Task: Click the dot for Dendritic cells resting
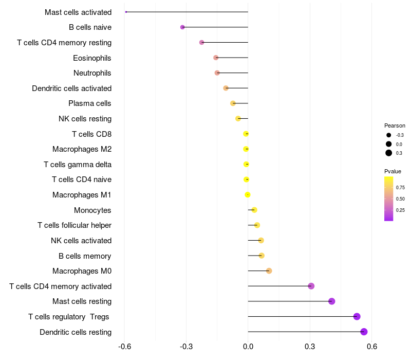[364, 332]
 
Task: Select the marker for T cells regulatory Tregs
[357, 317]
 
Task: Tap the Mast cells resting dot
[332, 301]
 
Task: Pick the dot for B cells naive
[182, 27]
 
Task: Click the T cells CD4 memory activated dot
[311, 286]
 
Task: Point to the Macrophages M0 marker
[269, 271]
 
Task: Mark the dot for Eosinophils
[216, 58]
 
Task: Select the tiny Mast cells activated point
[126, 12]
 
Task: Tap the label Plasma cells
[90, 103]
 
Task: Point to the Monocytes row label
[92, 210]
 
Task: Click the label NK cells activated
[81, 241]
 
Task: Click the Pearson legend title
[395, 125]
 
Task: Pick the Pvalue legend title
[393, 171]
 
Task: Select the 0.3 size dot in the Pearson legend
[389, 153]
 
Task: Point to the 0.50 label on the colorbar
[400, 199]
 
